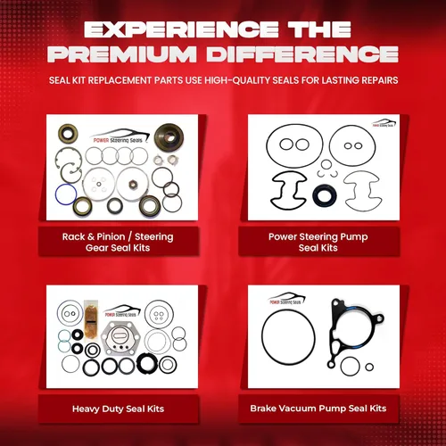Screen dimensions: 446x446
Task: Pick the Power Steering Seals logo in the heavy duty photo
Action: point(120,313)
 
